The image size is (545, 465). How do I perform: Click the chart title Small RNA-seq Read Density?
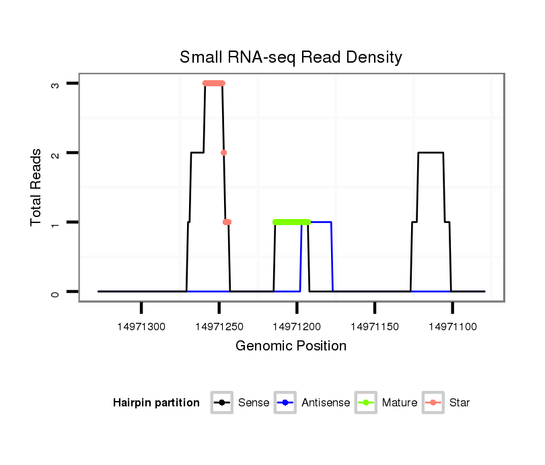coord(291,57)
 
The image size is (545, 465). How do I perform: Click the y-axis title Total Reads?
coord(37,187)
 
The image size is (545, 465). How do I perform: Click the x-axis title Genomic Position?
coord(291,346)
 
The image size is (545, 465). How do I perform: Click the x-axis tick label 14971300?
coord(141,327)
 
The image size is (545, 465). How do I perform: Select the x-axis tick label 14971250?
coord(219,327)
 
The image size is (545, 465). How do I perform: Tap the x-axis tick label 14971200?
coord(297,327)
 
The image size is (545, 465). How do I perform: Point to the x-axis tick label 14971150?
coord(375,327)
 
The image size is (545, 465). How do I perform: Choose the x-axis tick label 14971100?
coord(452,327)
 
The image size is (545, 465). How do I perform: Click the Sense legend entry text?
coord(254,403)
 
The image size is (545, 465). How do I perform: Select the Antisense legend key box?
coord(286,403)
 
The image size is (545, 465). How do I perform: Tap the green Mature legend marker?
coord(365,403)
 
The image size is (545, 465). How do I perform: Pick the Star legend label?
coord(459,403)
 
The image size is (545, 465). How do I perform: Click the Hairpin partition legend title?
coord(156,403)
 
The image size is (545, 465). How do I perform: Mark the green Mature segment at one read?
coord(291,222)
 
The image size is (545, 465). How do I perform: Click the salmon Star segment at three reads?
coord(214,84)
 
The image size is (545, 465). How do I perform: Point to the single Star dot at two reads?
coord(223,153)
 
